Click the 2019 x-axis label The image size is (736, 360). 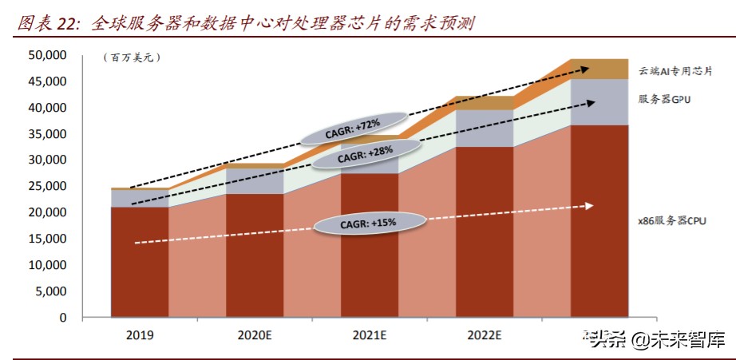[x=140, y=334]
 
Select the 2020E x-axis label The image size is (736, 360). [x=255, y=334]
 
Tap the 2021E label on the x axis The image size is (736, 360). [x=369, y=334]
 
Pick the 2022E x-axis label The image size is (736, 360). [x=484, y=334]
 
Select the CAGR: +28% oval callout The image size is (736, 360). [x=366, y=158]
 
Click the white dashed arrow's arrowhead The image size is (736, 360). [x=589, y=206]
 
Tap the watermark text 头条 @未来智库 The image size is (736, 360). [x=656, y=342]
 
